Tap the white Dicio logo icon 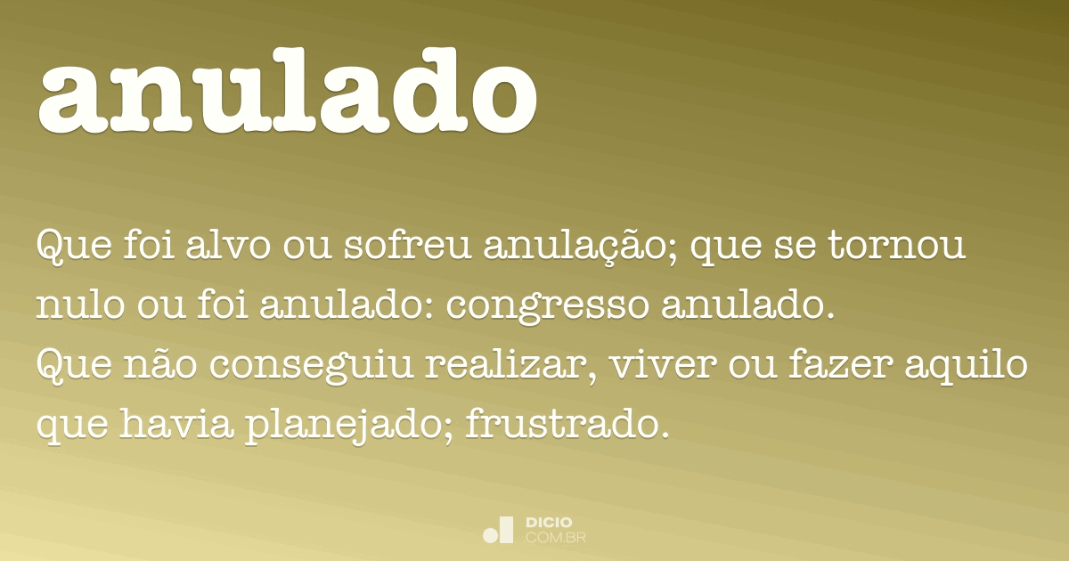(498, 530)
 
